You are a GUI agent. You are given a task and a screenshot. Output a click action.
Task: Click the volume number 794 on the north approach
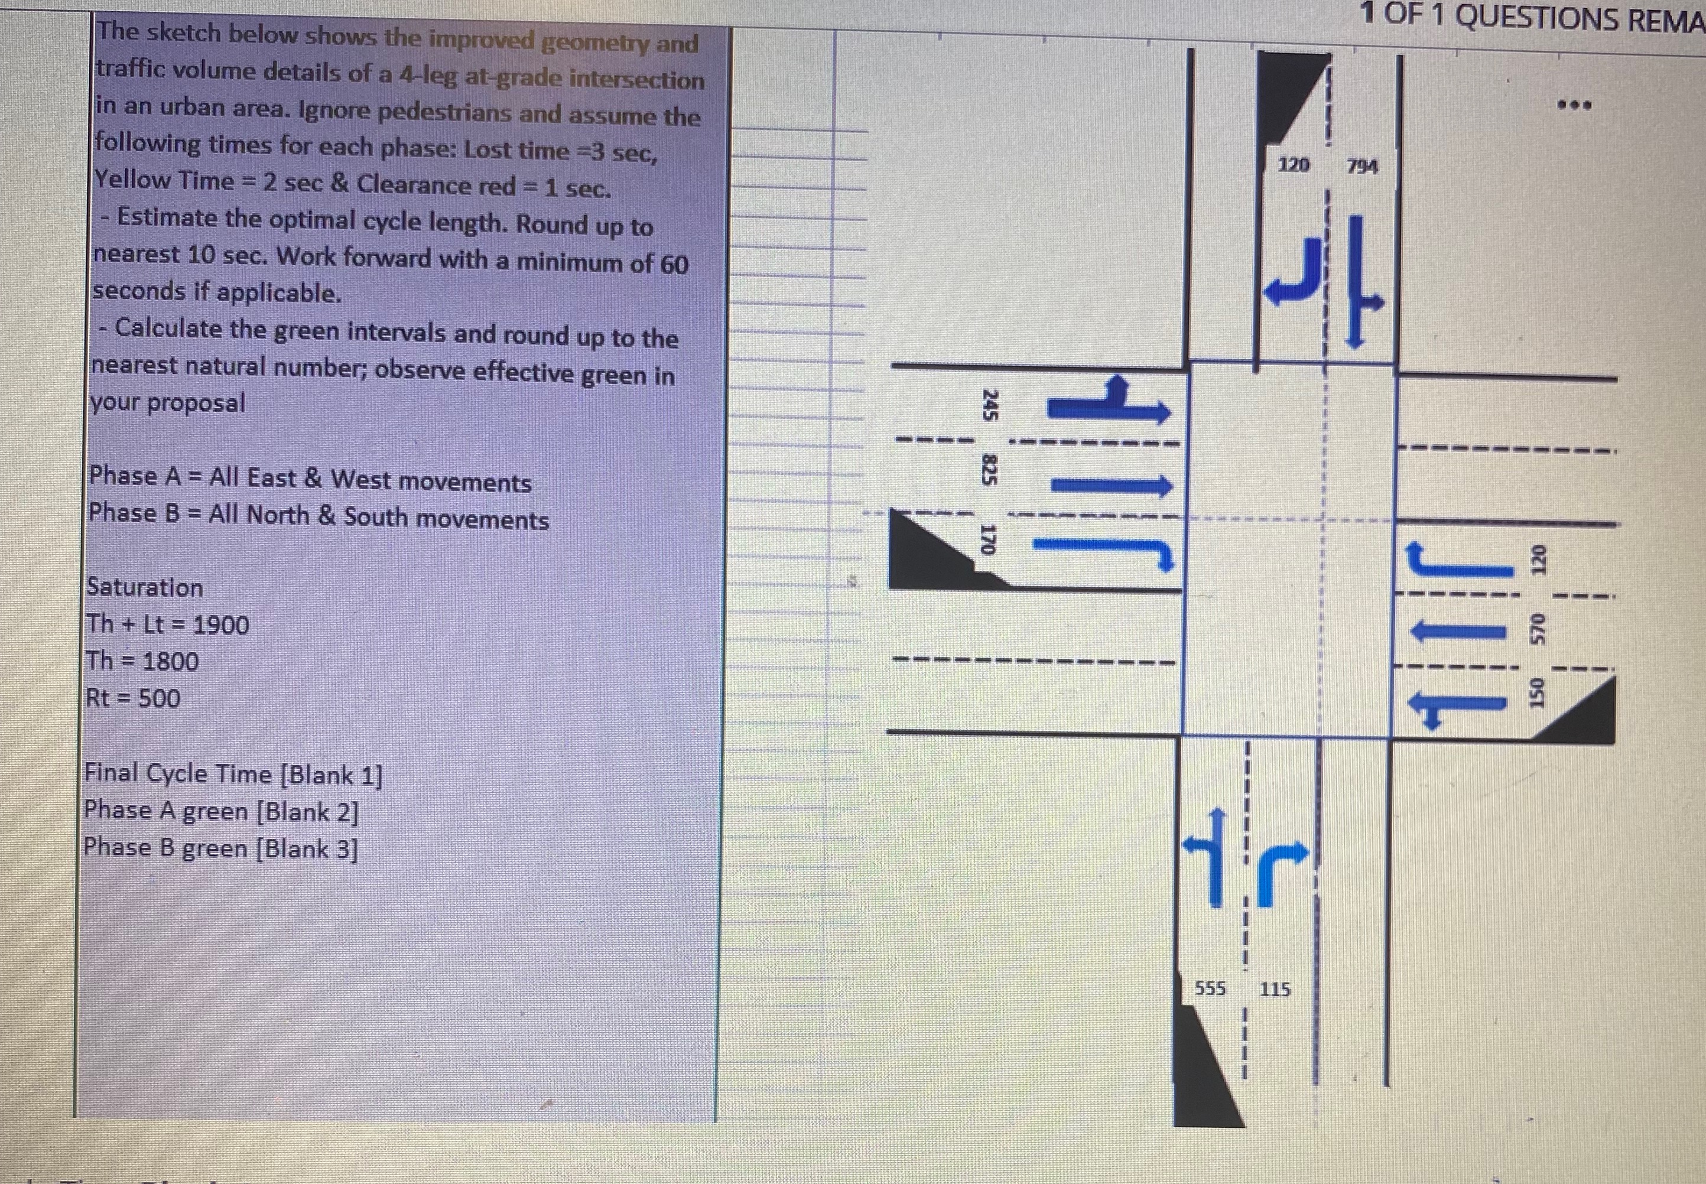[1363, 167]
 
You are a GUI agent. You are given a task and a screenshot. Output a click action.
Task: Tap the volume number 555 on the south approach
[1210, 988]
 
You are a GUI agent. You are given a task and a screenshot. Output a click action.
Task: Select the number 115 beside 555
[1275, 989]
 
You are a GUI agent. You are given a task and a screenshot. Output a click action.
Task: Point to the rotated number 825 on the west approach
[987, 470]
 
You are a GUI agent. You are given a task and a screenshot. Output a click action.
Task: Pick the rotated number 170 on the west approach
[987, 540]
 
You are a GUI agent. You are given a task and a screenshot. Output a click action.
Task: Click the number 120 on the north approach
[1294, 165]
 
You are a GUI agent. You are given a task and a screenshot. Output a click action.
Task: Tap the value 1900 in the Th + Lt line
[220, 626]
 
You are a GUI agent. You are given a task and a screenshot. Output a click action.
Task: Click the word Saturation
[145, 587]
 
